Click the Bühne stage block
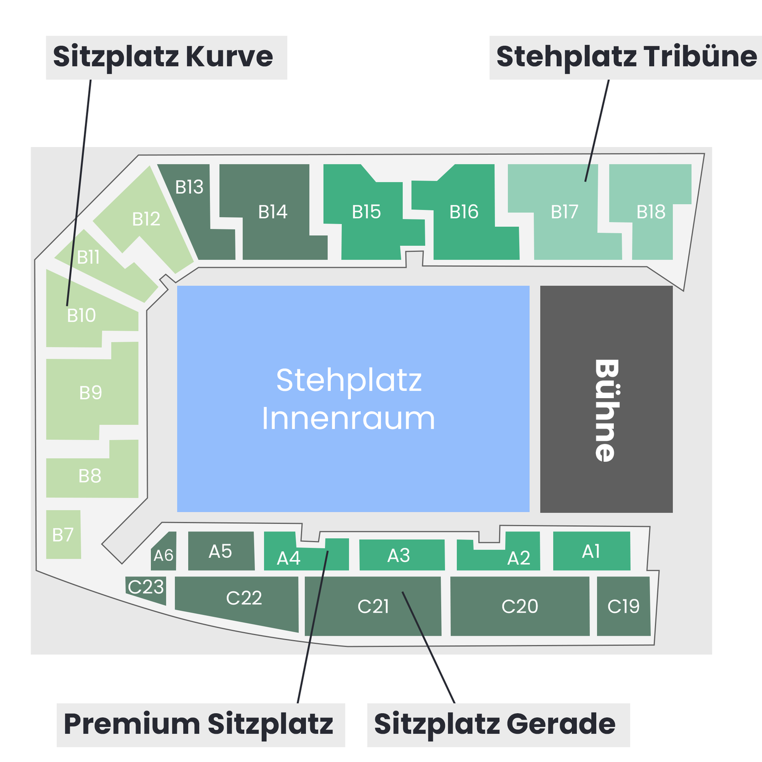point(606,399)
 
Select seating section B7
point(63,534)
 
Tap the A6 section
point(163,551)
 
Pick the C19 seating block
point(623,606)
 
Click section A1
point(592,551)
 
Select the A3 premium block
point(402,555)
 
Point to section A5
point(221,551)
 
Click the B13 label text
point(189,187)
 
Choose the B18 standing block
point(651,212)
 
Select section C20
point(519,606)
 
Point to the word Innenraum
point(349,418)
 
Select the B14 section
point(273,212)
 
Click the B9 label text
point(91,393)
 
